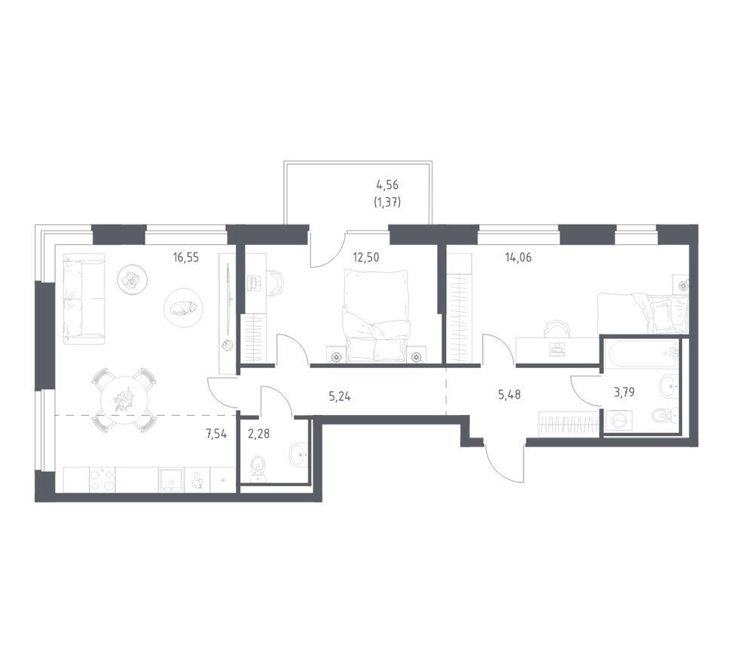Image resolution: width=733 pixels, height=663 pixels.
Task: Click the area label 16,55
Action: [x=185, y=257]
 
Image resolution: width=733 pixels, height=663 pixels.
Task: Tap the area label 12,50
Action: [x=365, y=257]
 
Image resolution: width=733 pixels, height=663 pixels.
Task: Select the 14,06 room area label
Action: [x=518, y=257]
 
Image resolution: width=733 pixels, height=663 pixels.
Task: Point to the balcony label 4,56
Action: [x=387, y=185]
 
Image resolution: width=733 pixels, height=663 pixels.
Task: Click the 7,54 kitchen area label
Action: [x=216, y=434]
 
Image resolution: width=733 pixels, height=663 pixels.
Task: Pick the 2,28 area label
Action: [x=258, y=434]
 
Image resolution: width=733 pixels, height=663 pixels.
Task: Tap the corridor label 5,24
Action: [x=340, y=397]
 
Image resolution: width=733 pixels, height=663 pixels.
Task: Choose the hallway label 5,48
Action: [x=509, y=395]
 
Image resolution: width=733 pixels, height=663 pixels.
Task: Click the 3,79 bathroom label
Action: [x=624, y=393]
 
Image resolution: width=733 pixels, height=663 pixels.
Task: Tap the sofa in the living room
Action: [x=84, y=296]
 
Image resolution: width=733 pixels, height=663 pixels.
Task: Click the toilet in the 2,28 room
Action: [x=258, y=469]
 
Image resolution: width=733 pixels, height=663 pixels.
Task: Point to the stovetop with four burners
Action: [x=102, y=479]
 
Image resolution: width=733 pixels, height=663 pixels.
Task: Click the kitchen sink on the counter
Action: [x=171, y=479]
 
